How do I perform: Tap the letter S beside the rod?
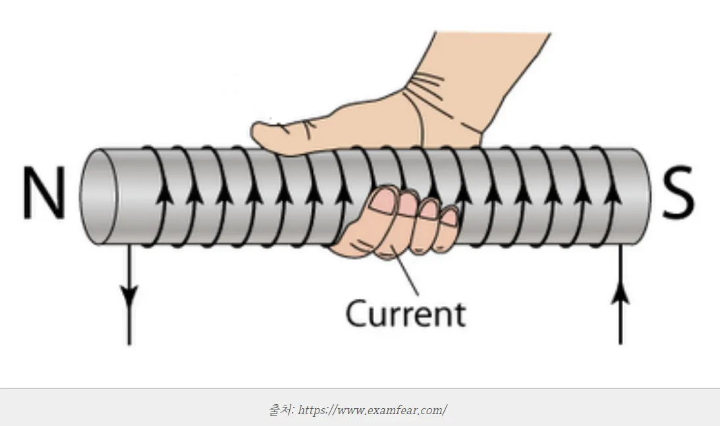(x=678, y=195)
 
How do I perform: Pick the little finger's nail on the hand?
(x=450, y=218)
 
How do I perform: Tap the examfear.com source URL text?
(x=372, y=410)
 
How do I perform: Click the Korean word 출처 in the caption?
(x=281, y=410)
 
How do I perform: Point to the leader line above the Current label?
(x=404, y=277)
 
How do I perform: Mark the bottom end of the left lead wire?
(x=130, y=343)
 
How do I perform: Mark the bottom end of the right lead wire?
(x=621, y=343)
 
